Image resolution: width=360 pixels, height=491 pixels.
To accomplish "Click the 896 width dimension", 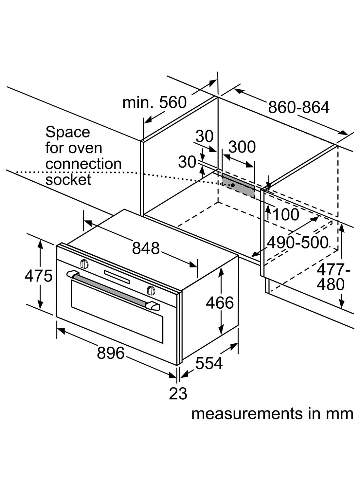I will click(111, 353).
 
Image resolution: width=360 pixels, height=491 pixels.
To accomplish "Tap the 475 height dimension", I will click(38, 276).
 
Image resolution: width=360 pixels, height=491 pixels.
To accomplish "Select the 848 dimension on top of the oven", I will click(146, 248).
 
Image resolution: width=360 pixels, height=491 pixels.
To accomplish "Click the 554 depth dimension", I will click(209, 363).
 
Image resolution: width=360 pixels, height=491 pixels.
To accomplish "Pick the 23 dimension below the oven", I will click(178, 393).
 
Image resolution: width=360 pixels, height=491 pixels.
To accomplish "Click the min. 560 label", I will click(154, 102).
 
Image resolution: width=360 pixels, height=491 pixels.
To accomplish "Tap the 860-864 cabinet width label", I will click(298, 107).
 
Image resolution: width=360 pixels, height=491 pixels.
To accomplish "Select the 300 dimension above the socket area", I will click(242, 147).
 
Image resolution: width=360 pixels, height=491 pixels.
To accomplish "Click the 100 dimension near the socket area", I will click(285, 215).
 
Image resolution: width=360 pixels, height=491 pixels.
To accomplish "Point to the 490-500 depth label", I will click(297, 243).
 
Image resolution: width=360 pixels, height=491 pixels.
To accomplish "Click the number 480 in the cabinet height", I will click(331, 284).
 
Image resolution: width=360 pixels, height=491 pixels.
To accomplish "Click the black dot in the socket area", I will click(232, 185).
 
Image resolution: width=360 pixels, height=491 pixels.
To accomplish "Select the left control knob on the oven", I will click(84, 263).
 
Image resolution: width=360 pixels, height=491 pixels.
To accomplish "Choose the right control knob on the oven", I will click(151, 290).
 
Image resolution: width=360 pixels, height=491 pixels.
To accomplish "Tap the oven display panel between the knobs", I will click(117, 277).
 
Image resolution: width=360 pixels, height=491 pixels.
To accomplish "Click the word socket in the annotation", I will click(68, 180).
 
